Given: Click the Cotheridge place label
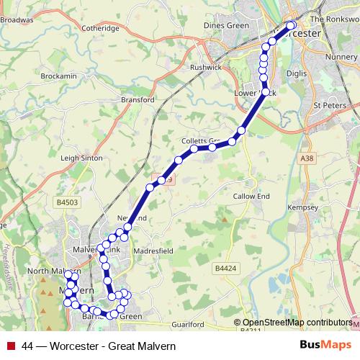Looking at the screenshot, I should pos(101,29).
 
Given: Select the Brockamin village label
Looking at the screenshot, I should pos(58,76).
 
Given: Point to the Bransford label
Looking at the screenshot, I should pos(138,100).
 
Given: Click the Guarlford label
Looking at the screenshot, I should pos(190,325).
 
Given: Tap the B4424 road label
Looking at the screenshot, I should pos(226,268).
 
